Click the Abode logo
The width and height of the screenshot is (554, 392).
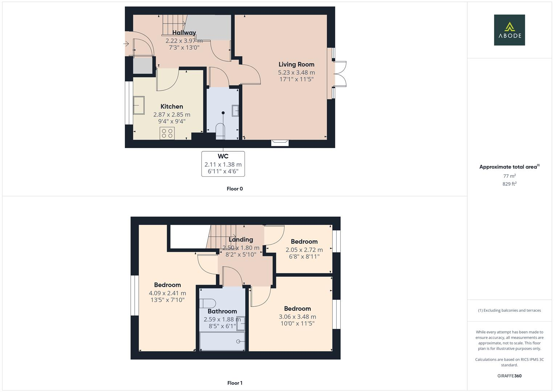click(509, 30)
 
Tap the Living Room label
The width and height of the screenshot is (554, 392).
click(296, 65)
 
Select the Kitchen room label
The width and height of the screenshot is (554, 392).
click(172, 106)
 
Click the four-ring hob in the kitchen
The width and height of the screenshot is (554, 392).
click(167, 133)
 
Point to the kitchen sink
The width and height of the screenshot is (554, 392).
click(139, 105)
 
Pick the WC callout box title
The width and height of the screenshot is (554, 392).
click(223, 156)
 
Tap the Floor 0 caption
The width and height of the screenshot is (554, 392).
click(235, 189)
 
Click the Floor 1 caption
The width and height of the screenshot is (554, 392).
click(235, 383)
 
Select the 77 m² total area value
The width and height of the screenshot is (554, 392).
click(509, 176)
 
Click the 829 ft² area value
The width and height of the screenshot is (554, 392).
click(509, 184)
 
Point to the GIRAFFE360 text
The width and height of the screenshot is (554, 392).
click(509, 376)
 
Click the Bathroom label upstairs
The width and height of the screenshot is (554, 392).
click(222, 311)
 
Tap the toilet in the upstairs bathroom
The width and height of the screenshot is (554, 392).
click(208, 303)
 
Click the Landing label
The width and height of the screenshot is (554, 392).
click(241, 240)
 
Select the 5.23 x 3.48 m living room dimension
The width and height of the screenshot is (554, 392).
click(296, 73)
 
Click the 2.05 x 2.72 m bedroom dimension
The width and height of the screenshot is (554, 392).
click(304, 250)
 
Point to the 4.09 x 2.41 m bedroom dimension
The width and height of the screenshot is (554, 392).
click(167, 293)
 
